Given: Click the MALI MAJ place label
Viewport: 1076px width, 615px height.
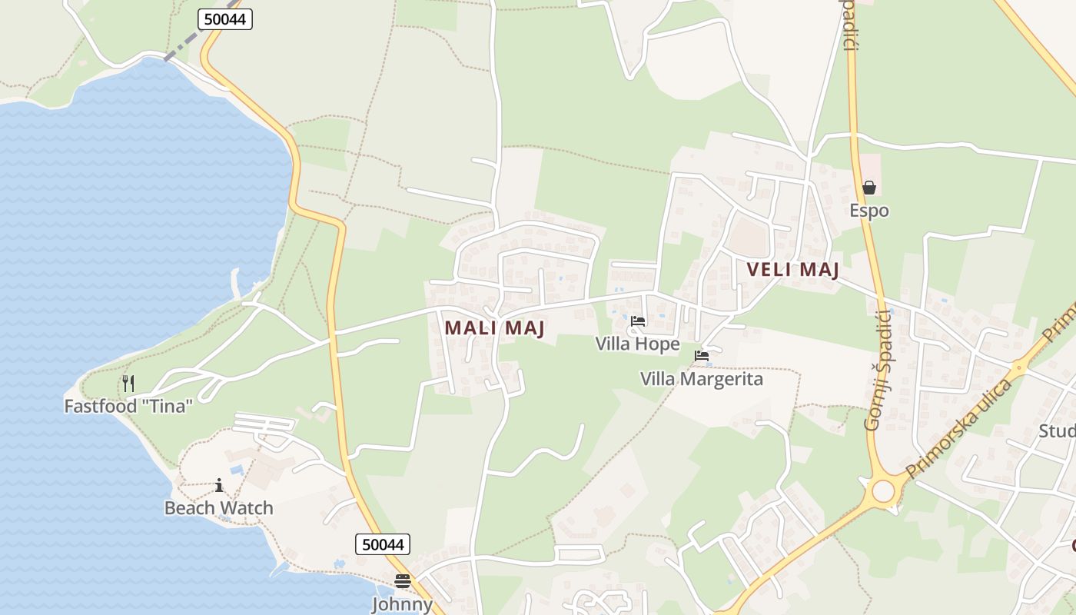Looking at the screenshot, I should [494, 327].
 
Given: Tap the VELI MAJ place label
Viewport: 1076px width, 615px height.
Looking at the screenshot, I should [792, 270].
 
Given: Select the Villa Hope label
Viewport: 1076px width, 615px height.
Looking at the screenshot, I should [637, 344].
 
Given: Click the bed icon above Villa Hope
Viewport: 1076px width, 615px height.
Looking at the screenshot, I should [637, 321].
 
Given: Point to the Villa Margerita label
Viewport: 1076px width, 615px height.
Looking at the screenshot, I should [701, 379].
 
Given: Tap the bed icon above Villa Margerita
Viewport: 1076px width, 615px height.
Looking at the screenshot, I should [701, 356].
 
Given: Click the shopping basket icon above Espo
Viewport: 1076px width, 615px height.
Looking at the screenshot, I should [869, 188].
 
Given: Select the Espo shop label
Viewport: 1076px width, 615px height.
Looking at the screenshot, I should [869, 211].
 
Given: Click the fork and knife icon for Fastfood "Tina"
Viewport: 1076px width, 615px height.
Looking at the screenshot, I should [128, 383].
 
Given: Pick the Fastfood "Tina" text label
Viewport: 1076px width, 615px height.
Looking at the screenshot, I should [128, 406].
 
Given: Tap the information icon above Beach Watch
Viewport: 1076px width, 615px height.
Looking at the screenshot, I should [219, 485].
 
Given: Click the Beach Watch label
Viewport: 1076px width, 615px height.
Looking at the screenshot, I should [219, 508].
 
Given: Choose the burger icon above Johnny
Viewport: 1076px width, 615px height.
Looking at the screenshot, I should [403, 581].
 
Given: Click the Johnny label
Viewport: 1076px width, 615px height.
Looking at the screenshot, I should [403, 604].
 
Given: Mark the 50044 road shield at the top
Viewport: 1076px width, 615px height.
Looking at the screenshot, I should [225, 19].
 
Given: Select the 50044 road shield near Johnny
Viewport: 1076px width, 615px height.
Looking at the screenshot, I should [383, 544].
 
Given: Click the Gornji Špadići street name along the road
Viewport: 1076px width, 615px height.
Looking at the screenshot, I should [878, 369].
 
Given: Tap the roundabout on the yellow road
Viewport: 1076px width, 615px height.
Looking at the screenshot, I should [883, 490].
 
